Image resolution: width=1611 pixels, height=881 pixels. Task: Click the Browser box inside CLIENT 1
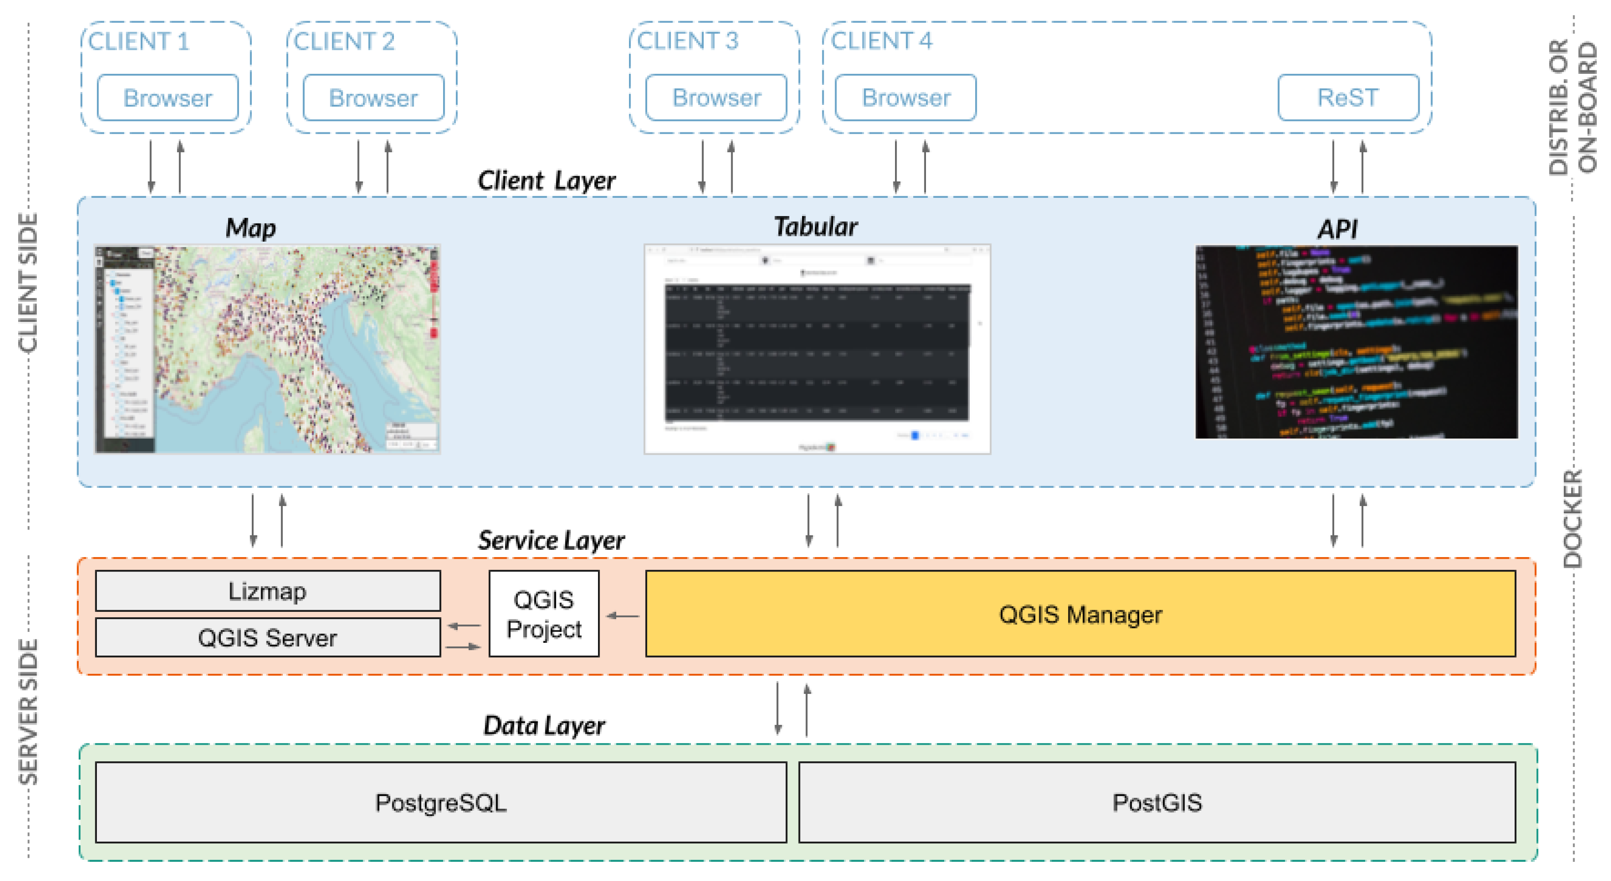(168, 97)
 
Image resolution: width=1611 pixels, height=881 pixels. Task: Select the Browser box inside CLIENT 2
(373, 97)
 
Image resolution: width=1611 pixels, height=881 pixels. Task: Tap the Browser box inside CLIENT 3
(716, 97)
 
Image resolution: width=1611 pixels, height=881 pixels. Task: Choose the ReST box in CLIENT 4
(1348, 97)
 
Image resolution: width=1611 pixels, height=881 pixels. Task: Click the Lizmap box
(268, 591)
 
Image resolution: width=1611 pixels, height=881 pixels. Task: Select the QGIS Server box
(268, 637)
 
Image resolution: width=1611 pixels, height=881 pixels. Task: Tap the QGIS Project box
(543, 614)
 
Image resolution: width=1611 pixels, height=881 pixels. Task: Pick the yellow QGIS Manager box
(1080, 614)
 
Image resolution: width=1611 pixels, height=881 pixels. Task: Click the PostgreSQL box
(441, 802)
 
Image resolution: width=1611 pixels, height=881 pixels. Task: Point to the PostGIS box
(1157, 802)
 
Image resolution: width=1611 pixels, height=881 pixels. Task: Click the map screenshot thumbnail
(268, 349)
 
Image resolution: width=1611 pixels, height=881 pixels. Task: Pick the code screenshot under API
(1356, 342)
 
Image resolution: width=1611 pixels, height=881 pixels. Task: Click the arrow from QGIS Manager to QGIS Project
(623, 616)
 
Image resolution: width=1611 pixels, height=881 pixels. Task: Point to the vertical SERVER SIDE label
(28, 712)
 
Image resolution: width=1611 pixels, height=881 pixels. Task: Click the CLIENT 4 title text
(881, 41)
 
